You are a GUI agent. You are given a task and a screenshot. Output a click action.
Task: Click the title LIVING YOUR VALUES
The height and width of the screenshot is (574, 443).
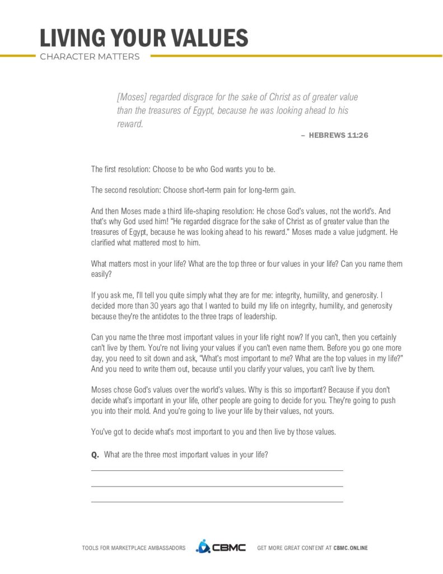(143, 38)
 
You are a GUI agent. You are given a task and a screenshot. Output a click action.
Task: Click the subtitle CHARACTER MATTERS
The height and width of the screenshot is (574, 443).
(90, 57)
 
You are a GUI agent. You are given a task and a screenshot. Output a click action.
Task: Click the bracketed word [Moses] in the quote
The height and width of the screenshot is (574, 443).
(130, 97)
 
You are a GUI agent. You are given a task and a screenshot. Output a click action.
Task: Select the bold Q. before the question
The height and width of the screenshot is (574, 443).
(95, 455)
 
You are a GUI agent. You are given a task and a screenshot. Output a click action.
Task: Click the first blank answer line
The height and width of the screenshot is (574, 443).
(217, 471)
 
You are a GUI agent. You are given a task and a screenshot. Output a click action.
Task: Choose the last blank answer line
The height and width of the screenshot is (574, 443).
(217, 502)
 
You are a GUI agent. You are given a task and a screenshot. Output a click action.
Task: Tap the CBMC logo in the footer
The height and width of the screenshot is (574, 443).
(221, 547)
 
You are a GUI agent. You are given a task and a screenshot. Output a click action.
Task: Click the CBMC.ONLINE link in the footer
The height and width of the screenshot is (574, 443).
(351, 548)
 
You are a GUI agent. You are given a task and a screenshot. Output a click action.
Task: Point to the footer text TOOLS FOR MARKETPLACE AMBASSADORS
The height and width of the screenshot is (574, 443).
(133, 548)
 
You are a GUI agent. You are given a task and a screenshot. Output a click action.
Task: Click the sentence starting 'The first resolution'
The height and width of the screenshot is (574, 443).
(183, 169)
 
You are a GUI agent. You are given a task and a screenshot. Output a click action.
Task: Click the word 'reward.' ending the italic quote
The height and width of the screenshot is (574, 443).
(130, 124)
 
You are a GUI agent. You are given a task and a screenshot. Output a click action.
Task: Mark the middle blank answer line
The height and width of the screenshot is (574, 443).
(217, 487)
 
